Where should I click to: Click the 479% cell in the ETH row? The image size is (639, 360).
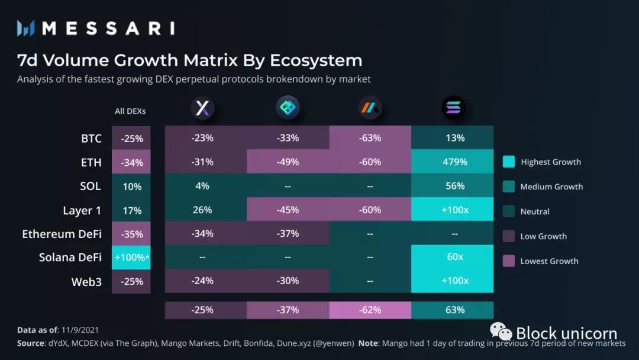tap(454, 162)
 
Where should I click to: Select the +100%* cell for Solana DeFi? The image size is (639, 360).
tap(131, 258)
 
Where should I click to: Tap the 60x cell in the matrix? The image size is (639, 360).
tap(454, 258)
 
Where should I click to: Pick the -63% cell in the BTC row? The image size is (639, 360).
tap(370, 138)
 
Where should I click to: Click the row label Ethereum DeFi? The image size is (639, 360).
tap(62, 234)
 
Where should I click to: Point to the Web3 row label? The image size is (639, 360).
tap(86, 282)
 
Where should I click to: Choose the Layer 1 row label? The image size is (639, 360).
tap(82, 210)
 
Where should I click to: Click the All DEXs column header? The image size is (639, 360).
tap(130, 111)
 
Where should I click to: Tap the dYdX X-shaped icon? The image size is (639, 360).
tap(202, 108)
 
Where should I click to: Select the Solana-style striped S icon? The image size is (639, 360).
tap(454, 108)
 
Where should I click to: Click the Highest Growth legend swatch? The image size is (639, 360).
tap(508, 162)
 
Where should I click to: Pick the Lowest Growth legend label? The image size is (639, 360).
tap(549, 261)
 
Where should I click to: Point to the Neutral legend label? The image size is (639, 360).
tap(535, 211)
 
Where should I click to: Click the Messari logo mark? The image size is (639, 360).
tap(27, 28)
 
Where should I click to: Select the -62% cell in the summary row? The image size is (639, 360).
tap(370, 310)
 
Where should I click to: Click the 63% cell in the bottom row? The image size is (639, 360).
tap(454, 310)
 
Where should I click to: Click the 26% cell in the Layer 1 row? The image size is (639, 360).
tap(202, 210)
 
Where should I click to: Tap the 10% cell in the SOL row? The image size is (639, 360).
tap(131, 187)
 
